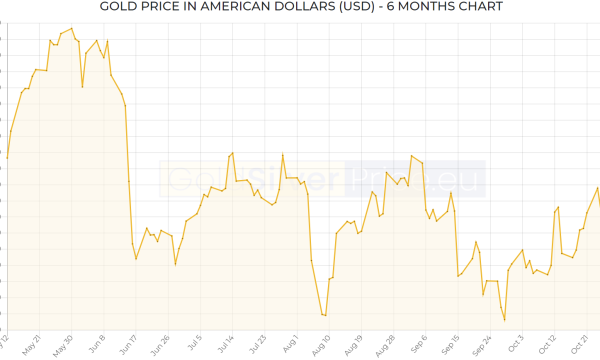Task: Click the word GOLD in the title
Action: tap(122, 8)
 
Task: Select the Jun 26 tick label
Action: tap(159, 344)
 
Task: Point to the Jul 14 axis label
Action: tap(224, 344)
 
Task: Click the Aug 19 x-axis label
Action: tap(352, 344)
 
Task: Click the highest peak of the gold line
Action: tap(71, 29)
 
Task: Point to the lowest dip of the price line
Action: tap(505, 320)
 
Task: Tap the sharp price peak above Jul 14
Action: tap(232, 153)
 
